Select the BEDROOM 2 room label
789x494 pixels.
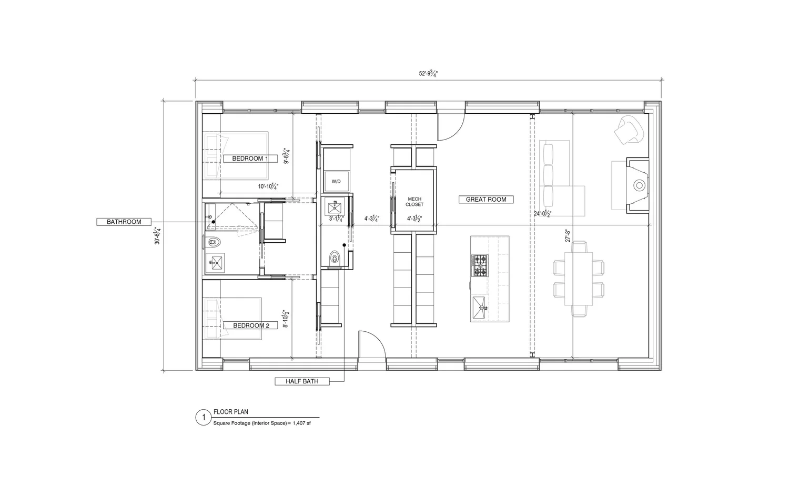coord(251,325)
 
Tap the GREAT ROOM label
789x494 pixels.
coord(486,200)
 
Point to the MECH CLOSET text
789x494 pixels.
coord(414,202)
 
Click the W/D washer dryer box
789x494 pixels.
coord(336,182)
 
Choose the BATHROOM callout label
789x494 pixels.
coord(124,222)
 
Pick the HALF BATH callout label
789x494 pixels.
coord(302,381)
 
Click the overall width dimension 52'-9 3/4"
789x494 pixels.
coord(428,74)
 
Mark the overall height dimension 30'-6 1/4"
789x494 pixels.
coord(157,235)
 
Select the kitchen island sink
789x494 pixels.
coord(480,308)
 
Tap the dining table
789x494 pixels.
coord(578,279)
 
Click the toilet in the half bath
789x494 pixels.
coord(335,259)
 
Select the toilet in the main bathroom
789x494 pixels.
coord(214,243)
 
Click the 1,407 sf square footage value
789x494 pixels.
coord(301,423)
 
